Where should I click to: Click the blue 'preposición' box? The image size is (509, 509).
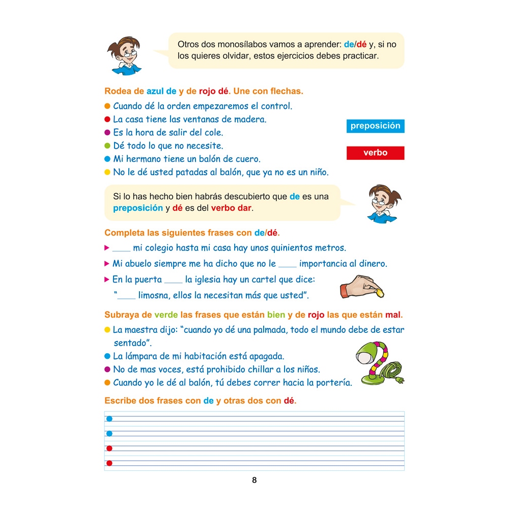click(375, 126)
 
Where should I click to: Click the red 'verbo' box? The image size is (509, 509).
click(375, 153)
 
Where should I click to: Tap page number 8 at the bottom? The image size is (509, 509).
click(254, 480)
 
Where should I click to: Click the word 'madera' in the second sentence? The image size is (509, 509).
click(251, 120)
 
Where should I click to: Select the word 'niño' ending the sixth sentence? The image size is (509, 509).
click(317, 173)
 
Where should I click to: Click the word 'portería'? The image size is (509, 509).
click(333, 383)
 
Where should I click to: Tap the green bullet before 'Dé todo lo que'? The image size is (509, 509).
click(107, 146)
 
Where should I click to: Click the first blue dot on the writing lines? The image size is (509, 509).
click(109, 419)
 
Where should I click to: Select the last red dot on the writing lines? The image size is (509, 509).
click(109, 463)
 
